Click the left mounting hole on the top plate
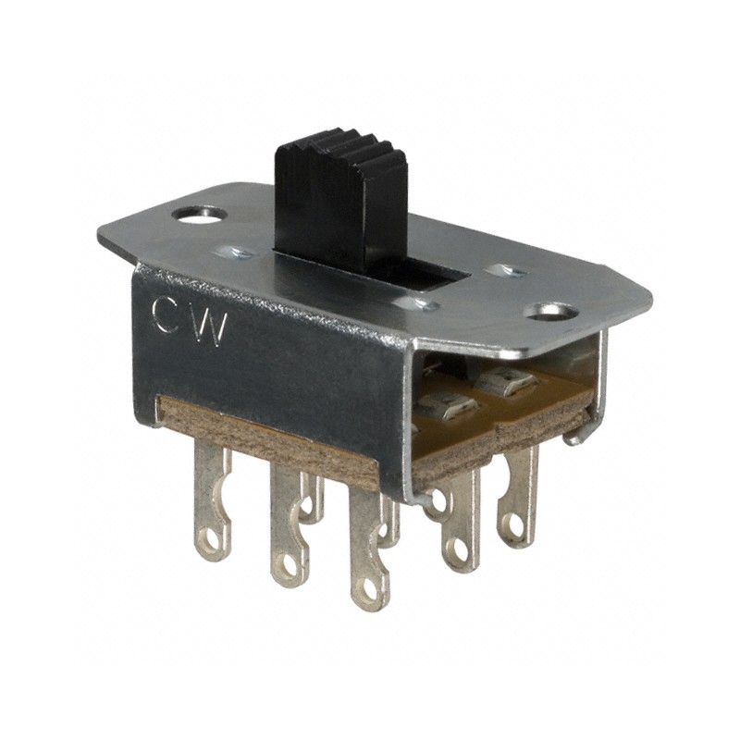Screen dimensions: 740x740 [x=199, y=215]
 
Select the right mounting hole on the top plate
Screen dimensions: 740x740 [x=552, y=311]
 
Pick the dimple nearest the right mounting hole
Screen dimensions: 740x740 [x=505, y=271]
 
